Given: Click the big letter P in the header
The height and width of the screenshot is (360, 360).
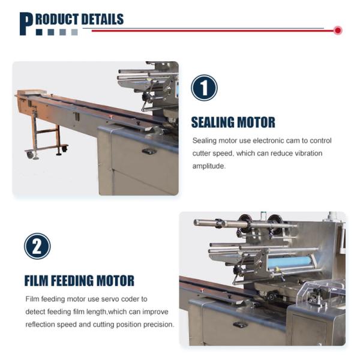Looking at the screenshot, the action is [26, 24].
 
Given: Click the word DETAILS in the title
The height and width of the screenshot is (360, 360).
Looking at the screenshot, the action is [103, 19].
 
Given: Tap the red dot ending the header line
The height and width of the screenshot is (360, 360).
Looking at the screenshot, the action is [338, 31].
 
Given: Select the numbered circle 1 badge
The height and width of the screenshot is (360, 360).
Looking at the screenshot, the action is [204, 88].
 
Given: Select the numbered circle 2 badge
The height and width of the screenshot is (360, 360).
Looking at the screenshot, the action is [37, 247].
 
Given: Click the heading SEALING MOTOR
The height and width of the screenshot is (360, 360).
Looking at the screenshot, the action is [233, 122].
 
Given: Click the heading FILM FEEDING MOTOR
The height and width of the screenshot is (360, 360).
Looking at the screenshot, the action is [79, 281].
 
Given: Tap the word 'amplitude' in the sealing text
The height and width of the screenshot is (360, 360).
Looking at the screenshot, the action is [208, 166].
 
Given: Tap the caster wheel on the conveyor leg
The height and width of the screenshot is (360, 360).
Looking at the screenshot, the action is [30, 155].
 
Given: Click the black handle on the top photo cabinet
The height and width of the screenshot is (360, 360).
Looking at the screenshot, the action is [149, 151].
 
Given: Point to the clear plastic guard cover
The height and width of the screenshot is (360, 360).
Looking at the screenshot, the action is [322, 291].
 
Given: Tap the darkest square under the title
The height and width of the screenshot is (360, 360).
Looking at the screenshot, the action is [39, 32].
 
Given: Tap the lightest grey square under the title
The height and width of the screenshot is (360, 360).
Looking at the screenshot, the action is [74, 32].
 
